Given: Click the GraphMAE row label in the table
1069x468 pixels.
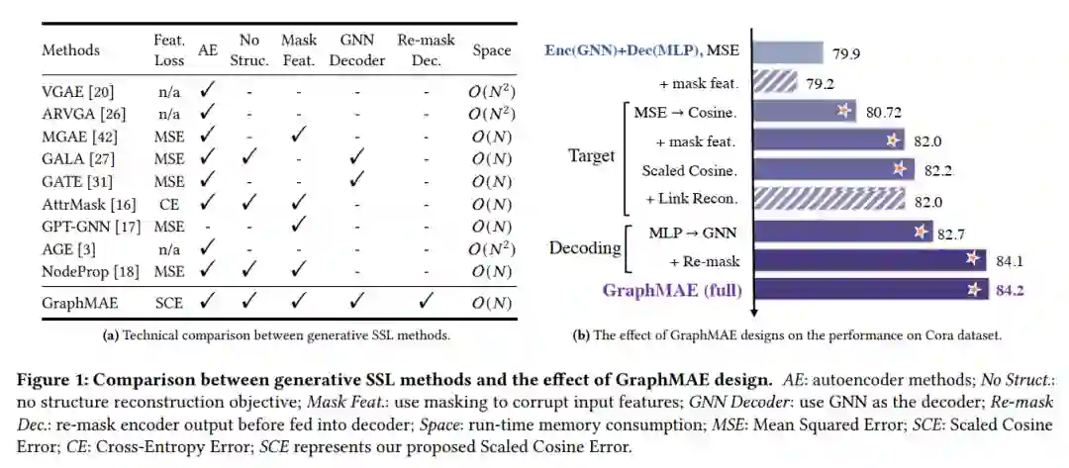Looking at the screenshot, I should [75, 303].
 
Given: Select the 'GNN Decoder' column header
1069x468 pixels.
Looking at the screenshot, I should [357, 48].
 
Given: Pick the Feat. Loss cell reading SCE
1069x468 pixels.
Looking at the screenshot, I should [168, 303].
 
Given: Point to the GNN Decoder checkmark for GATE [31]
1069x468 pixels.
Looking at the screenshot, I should [357, 180].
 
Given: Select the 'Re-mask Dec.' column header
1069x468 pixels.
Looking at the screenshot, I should [427, 48].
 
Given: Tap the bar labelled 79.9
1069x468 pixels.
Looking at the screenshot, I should [788, 51].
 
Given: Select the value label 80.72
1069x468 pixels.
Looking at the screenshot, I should [887, 112].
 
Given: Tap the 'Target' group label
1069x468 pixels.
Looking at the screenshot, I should [591, 155].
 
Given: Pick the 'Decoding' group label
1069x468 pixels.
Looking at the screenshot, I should [583, 246].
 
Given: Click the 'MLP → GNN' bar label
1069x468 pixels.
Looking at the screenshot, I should [694, 233].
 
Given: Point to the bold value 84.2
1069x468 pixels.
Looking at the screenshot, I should [1010, 290].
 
